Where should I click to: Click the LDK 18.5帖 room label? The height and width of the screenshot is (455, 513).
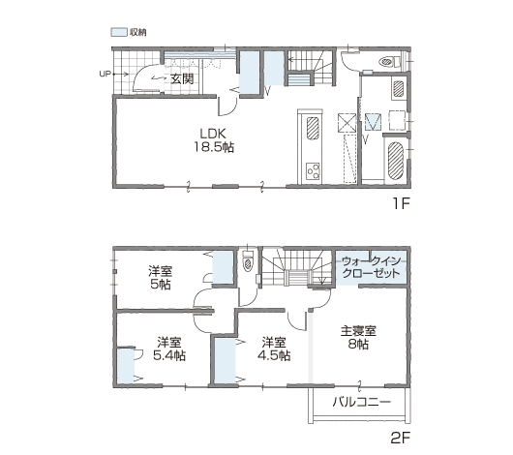[214, 140]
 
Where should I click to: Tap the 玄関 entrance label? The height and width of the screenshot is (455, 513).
[182, 78]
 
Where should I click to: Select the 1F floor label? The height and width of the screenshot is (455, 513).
[402, 204]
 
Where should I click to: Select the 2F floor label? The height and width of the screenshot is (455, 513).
[401, 438]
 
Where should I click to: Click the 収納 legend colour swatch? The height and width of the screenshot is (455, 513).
[119, 32]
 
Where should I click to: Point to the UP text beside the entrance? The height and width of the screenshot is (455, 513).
[106, 74]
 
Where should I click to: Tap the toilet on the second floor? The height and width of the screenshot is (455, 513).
[249, 261]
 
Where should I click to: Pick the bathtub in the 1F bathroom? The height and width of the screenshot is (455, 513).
[396, 161]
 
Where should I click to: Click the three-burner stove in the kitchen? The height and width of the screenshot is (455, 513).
[313, 171]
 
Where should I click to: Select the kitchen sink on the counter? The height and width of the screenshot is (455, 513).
[313, 128]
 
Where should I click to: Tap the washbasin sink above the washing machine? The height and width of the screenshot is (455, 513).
[399, 88]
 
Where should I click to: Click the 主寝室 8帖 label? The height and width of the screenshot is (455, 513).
[358, 338]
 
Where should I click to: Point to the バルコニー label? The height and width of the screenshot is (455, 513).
[362, 402]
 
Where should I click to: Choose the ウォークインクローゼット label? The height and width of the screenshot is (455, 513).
[372, 267]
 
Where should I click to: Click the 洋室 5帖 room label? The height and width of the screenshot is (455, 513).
[161, 278]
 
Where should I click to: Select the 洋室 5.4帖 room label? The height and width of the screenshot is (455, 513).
[169, 349]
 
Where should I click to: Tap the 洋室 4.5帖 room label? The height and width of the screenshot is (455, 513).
[274, 349]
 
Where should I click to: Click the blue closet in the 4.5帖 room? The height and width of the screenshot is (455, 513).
[226, 360]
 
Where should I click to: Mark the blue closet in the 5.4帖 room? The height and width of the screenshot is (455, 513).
[126, 366]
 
